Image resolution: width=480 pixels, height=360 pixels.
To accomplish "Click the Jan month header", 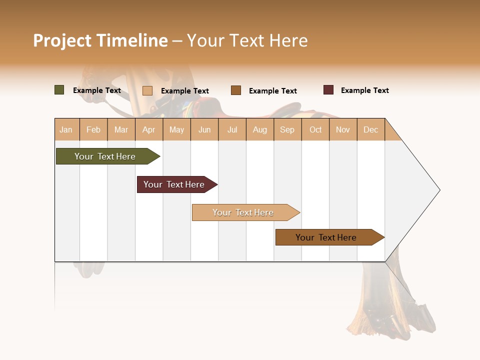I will pyautogui.click(x=66, y=129).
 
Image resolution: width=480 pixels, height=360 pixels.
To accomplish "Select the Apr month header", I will pyautogui.click(x=148, y=129).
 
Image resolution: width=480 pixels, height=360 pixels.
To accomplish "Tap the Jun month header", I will pyautogui.click(x=204, y=129).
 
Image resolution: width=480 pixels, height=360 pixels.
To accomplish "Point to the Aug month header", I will pyautogui.click(x=259, y=129).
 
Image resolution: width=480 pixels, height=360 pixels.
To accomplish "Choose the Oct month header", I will pyautogui.click(x=315, y=129).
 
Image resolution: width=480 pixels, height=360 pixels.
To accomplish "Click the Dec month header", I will pyautogui.click(x=370, y=129).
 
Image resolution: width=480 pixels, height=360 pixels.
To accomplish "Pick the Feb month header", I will pyautogui.click(x=93, y=129).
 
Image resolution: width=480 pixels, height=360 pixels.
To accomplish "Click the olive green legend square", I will pyautogui.click(x=59, y=90).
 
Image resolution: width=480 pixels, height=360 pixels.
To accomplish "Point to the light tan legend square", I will pyautogui.click(x=147, y=90).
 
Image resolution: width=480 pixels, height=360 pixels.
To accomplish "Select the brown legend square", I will pyautogui.click(x=236, y=90).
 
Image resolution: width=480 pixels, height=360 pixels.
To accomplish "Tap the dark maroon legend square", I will pyautogui.click(x=328, y=90).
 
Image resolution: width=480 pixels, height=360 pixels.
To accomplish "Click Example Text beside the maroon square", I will pyautogui.click(x=364, y=90).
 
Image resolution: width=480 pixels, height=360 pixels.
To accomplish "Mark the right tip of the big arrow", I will pyautogui.click(x=439, y=190).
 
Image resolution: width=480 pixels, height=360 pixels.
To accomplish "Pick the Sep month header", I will pyautogui.click(x=287, y=129).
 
